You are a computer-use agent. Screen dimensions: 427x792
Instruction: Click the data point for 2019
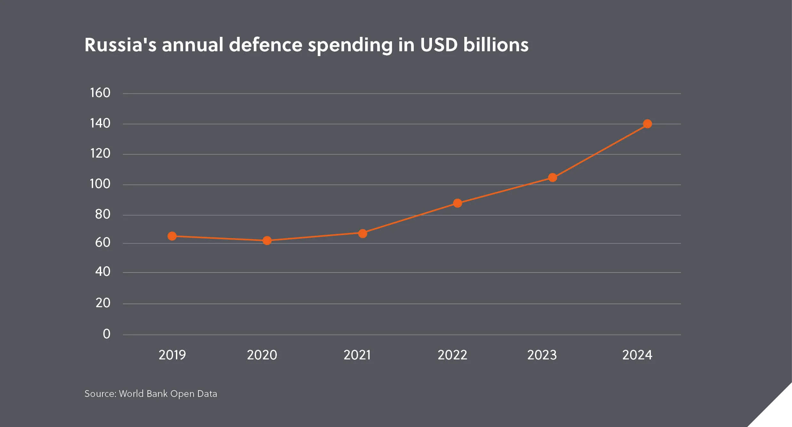pos(172,236)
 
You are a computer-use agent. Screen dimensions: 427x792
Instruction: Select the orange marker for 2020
pos(267,241)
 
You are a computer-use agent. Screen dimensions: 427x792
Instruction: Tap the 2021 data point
pos(363,234)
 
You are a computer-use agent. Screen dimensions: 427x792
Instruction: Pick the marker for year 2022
pos(458,203)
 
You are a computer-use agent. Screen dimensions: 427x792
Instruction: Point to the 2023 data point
pos(553,177)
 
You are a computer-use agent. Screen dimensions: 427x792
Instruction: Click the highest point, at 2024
pos(647,124)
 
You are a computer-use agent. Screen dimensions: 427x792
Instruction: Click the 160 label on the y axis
pos(100,93)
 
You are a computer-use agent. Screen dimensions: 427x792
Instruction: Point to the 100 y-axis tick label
pos(100,184)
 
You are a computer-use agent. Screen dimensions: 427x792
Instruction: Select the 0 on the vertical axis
pos(107,334)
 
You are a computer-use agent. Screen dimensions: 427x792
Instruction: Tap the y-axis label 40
pos(103,272)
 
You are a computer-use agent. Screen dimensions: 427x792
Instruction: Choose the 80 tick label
pos(103,214)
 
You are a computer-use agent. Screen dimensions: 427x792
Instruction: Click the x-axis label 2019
pos(172,355)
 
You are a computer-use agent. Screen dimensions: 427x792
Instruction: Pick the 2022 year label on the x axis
pos(452,355)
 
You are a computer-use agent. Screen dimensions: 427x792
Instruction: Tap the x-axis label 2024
pos(637,355)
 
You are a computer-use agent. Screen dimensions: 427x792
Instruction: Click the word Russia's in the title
pos(120,45)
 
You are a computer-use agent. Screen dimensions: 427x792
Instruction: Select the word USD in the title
pos(439,45)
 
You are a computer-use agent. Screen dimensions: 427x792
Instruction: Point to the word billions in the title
pos(496,45)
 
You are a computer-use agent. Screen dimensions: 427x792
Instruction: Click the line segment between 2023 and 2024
pos(600,151)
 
